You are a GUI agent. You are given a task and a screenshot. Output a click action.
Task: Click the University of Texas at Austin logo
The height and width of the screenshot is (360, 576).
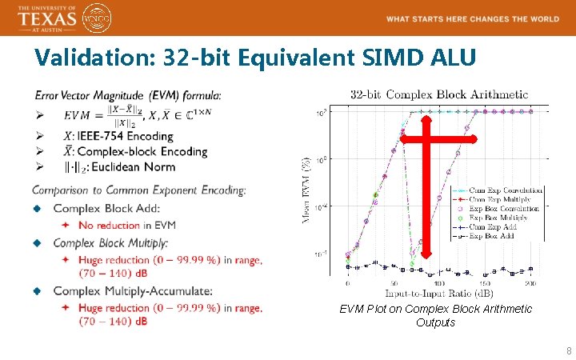click(47, 18)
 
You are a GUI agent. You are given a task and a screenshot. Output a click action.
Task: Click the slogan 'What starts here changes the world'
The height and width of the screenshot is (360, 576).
click(472, 18)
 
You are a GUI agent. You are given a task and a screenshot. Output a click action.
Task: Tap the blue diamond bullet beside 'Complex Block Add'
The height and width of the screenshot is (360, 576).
click(37, 208)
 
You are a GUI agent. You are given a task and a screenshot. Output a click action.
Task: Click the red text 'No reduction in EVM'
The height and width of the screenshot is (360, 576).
click(127, 225)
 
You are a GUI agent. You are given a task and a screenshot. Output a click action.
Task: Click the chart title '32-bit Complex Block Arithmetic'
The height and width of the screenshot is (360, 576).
click(439, 94)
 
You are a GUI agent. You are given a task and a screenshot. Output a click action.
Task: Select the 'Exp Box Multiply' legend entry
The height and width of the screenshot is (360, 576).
click(502, 218)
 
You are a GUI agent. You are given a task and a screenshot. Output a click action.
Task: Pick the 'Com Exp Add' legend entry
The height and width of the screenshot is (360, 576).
click(501, 227)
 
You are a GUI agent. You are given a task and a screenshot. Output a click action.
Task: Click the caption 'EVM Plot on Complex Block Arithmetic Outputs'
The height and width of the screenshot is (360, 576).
click(435, 315)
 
